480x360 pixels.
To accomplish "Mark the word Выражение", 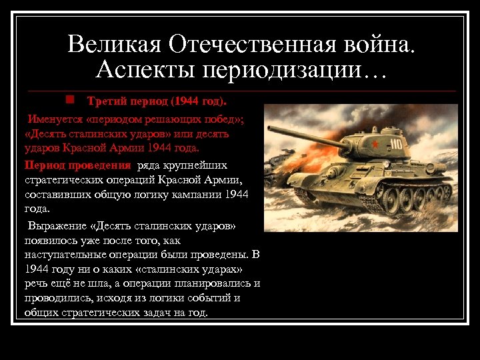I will tap(57, 226).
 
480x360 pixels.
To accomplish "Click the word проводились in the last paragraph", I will tap(57, 298).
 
